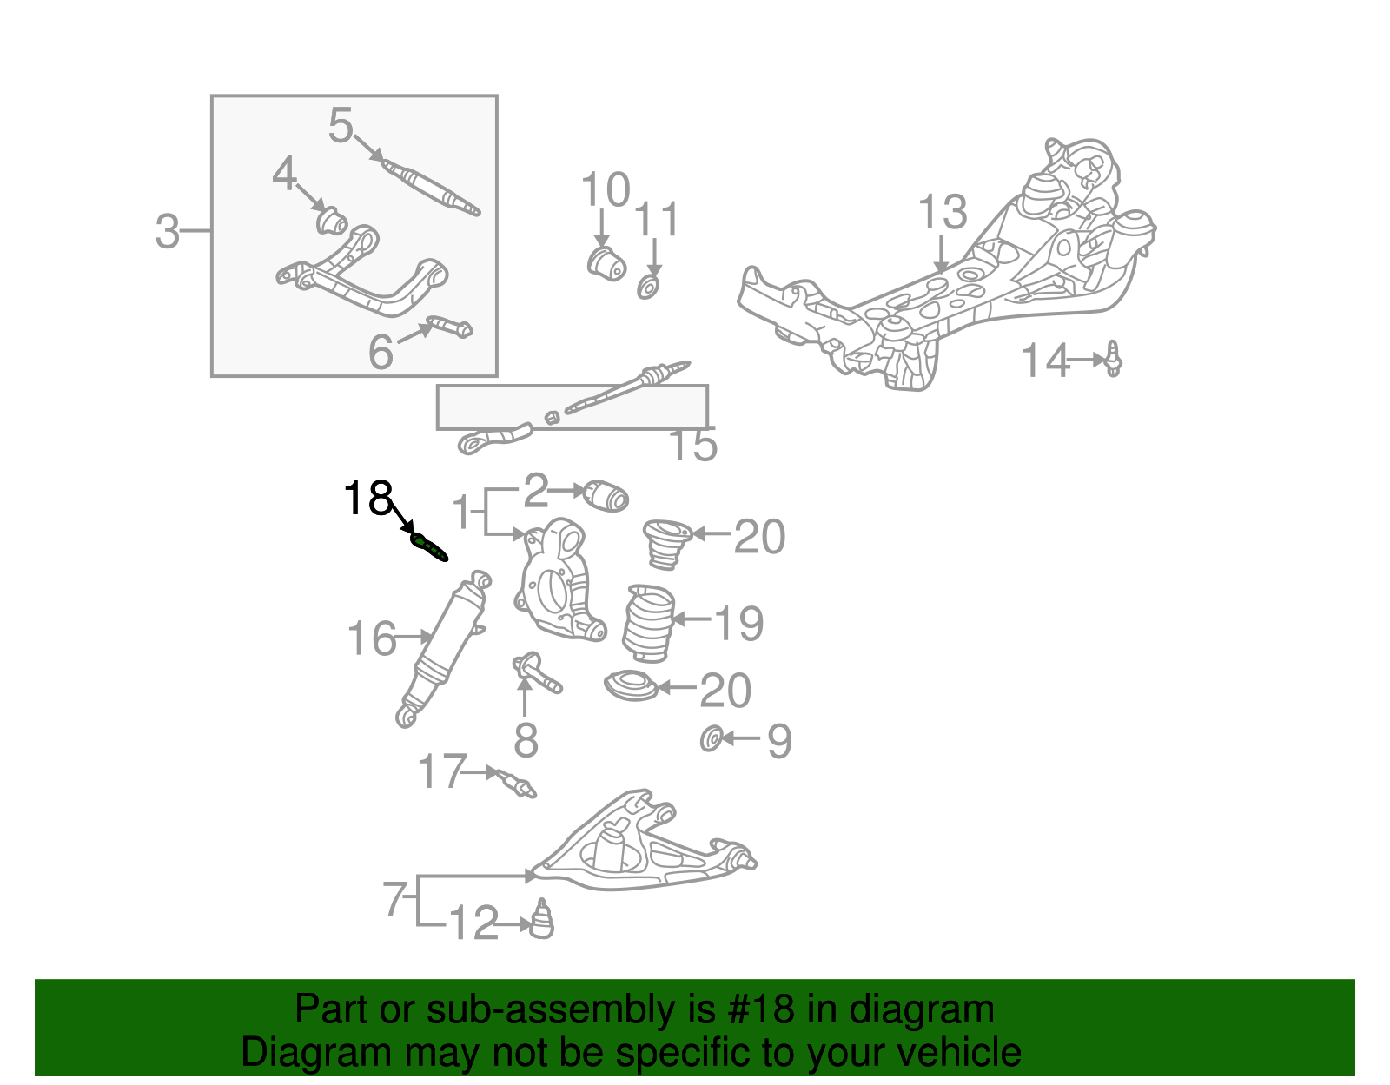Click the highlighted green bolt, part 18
click(428, 547)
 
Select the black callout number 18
click(367, 498)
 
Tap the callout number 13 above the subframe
click(943, 212)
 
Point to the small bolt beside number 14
click(1114, 359)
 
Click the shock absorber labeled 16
click(443, 648)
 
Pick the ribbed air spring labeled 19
click(649, 624)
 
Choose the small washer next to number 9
click(712, 739)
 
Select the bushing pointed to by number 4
click(332, 221)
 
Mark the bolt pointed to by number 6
click(450, 327)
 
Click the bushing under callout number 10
click(606, 263)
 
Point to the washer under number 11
click(649, 288)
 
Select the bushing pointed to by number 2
click(606, 496)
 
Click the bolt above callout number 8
click(536, 672)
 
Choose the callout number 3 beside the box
click(168, 231)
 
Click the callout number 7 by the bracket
click(394, 898)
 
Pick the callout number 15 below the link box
click(693, 445)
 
